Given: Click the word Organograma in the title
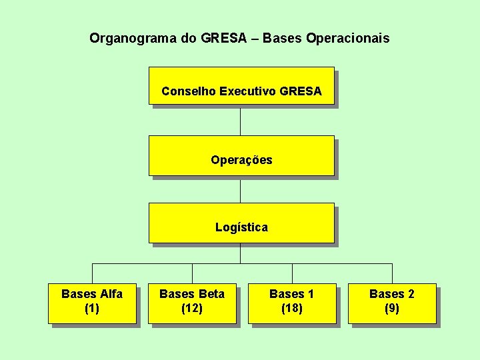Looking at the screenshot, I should (133, 39).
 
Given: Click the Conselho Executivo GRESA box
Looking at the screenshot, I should (241, 86).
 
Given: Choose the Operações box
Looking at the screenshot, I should (241, 155).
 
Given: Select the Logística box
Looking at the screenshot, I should (241, 223).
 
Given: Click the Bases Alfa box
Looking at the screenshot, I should (92, 303).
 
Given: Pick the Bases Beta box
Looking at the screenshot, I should (192, 303).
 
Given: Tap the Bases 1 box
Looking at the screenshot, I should (292, 303).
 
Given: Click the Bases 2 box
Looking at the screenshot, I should (392, 303).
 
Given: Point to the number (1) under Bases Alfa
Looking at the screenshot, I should (92, 309).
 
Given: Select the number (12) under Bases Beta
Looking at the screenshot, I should (192, 309).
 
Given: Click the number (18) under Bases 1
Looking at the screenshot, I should (292, 309).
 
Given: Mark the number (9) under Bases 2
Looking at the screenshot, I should (392, 309).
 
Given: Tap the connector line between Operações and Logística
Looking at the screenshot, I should (241, 189).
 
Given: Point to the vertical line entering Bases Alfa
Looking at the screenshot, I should (92, 273).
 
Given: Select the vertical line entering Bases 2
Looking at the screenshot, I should (392, 273).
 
